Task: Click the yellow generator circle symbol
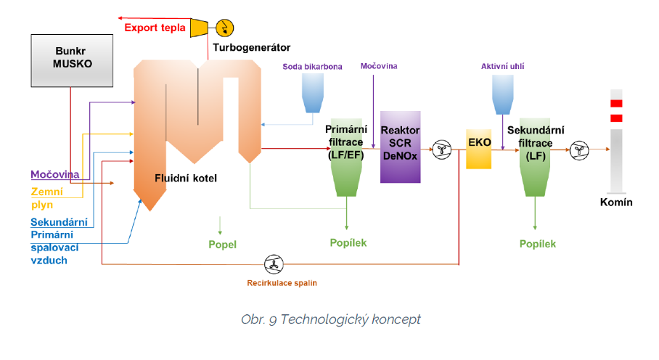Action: pos(225,28)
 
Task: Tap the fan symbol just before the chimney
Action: pos(579,150)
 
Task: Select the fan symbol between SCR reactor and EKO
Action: pos(441,150)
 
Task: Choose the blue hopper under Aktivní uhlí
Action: pos(502,94)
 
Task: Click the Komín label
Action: pos(616,202)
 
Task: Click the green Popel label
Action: pos(222,245)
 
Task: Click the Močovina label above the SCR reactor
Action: pos(379,66)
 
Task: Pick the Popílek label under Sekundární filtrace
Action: pos(538,244)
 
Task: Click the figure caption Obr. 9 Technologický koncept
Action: pos(331,319)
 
